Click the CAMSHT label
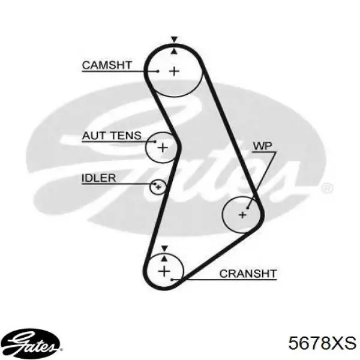click(107, 65)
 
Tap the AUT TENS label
click(112, 136)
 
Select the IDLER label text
click(99, 178)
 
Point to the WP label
click(262, 146)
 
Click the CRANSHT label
click(248, 274)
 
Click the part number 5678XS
click(322, 343)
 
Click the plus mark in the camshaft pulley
click(174, 71)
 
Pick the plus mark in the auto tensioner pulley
click(163, 146)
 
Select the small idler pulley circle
click(157, 187)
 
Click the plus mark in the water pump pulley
click(242, 214)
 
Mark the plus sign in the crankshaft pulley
click(165, 271)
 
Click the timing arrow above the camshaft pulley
click(174, 39)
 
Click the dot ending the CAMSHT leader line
click(157, 72)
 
